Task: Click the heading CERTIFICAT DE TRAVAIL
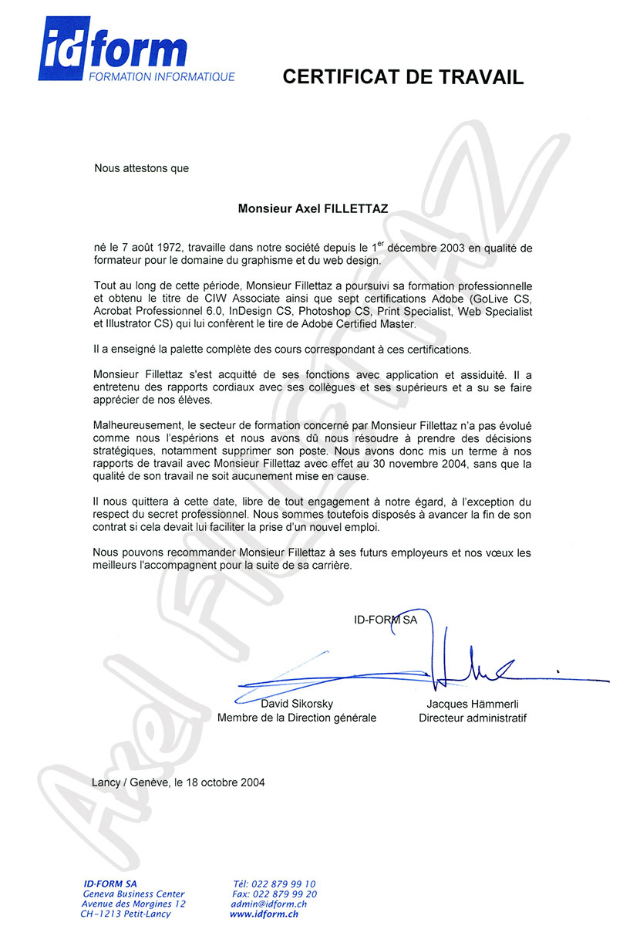tap(403, 76)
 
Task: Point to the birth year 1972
tap(167, 248)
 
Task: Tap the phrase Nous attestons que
tap(141, 167)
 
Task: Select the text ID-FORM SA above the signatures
tap(385, 619)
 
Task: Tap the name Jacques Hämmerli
tap(473, 705)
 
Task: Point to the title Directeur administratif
tap(473, 718)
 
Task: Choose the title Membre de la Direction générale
tap(297, 718)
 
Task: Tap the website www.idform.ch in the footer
tap(264, 914)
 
